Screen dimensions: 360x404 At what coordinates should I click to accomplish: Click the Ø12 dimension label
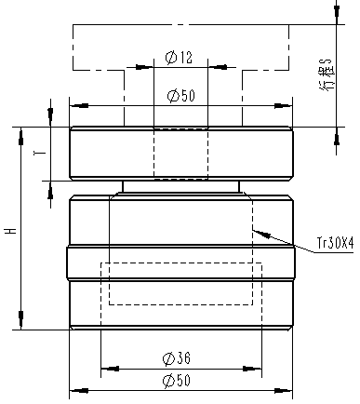click(x=179, y=58)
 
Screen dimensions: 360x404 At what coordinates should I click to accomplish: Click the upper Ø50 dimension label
click(x=181, y=96)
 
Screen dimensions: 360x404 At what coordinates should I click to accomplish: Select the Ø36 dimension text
click(x=177, y=358)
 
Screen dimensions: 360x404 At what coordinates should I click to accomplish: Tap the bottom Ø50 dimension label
click(x=177, y=381)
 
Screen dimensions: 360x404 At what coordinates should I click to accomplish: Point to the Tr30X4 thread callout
click(x=335, y=243)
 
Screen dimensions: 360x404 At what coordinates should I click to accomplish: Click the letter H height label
click(x=12, y=231)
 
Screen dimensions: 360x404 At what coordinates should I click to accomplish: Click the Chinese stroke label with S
click(x=327, y=74)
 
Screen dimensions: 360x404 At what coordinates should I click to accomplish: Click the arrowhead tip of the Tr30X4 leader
click(x=253, y=230)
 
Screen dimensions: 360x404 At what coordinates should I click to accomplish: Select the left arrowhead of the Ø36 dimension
click(x=110, y=369)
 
